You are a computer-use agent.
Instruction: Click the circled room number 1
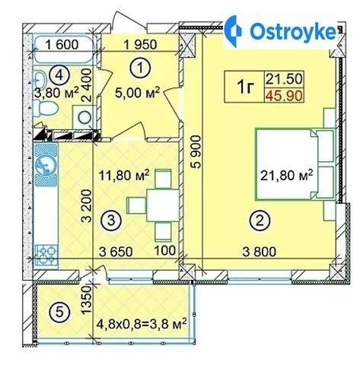pyautogui.click(x=140, y=68)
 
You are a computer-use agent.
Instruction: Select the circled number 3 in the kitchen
pyautogui.click(x=111, y=220)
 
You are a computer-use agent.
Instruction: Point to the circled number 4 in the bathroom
pyautogui.click(x=59, y=75)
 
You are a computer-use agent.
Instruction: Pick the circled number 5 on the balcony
pyautogui.click(x=59, y=313)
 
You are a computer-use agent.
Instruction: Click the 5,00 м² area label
pyautogui.click(x=137, y=93)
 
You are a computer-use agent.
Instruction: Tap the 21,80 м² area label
pyautogui.click(x=287, y=176)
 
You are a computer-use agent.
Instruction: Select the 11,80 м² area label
pyautogui.click(x=124, y=175)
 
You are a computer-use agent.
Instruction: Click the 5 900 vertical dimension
pyautogui.click(x=196, y=152)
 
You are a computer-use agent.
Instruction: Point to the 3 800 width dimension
pyautogui.click(x=260, y=252)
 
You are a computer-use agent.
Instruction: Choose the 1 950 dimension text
pyautogui.click(x=140, y=45)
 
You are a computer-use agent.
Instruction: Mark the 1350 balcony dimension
pyautogui.click(x=86, y=300)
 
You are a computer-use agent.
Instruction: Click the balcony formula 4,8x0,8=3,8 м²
pyautogui.click(x=142, y=324)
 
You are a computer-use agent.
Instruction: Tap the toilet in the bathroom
pyautogui.click(x=46, y=109)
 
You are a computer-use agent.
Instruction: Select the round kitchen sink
pyautogui.click(x=46, y=165)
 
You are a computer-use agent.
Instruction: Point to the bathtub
pyautogui.click(x=64, y=50)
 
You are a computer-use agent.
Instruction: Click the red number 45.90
pyautogui.click(x=285, y=96)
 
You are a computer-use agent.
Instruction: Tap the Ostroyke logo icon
pyautogui.click(x=234, y=31)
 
